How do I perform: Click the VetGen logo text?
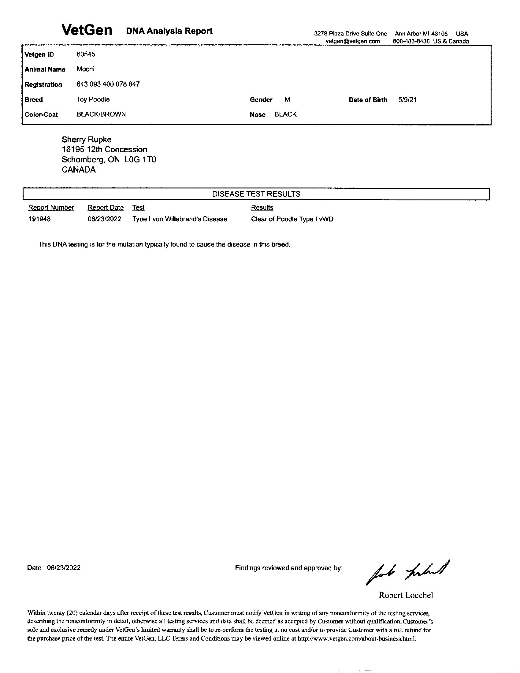[87, 30]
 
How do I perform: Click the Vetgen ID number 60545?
[86, 54]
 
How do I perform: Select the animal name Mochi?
[85, 69]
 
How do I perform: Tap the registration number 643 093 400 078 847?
[108, 84]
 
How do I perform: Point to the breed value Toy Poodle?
[93, 99]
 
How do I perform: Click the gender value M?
[287, 99]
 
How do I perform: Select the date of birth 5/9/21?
[407, 99]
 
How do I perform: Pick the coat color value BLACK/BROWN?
[101, 114]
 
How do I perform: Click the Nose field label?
[258, 115]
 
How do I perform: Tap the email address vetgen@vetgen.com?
[352, 41]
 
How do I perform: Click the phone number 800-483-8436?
[411, 41]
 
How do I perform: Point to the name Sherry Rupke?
[87, 139]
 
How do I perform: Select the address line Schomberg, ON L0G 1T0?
[109, 160]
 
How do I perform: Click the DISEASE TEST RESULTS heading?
[256, 194]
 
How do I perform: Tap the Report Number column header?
[51, 208]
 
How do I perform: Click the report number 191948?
[39, 219]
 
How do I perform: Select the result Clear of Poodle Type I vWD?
[292, 219]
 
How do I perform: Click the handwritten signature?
[407, 572]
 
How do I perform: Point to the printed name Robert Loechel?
[406, 595]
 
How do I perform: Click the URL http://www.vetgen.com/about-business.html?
[357, 639]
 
